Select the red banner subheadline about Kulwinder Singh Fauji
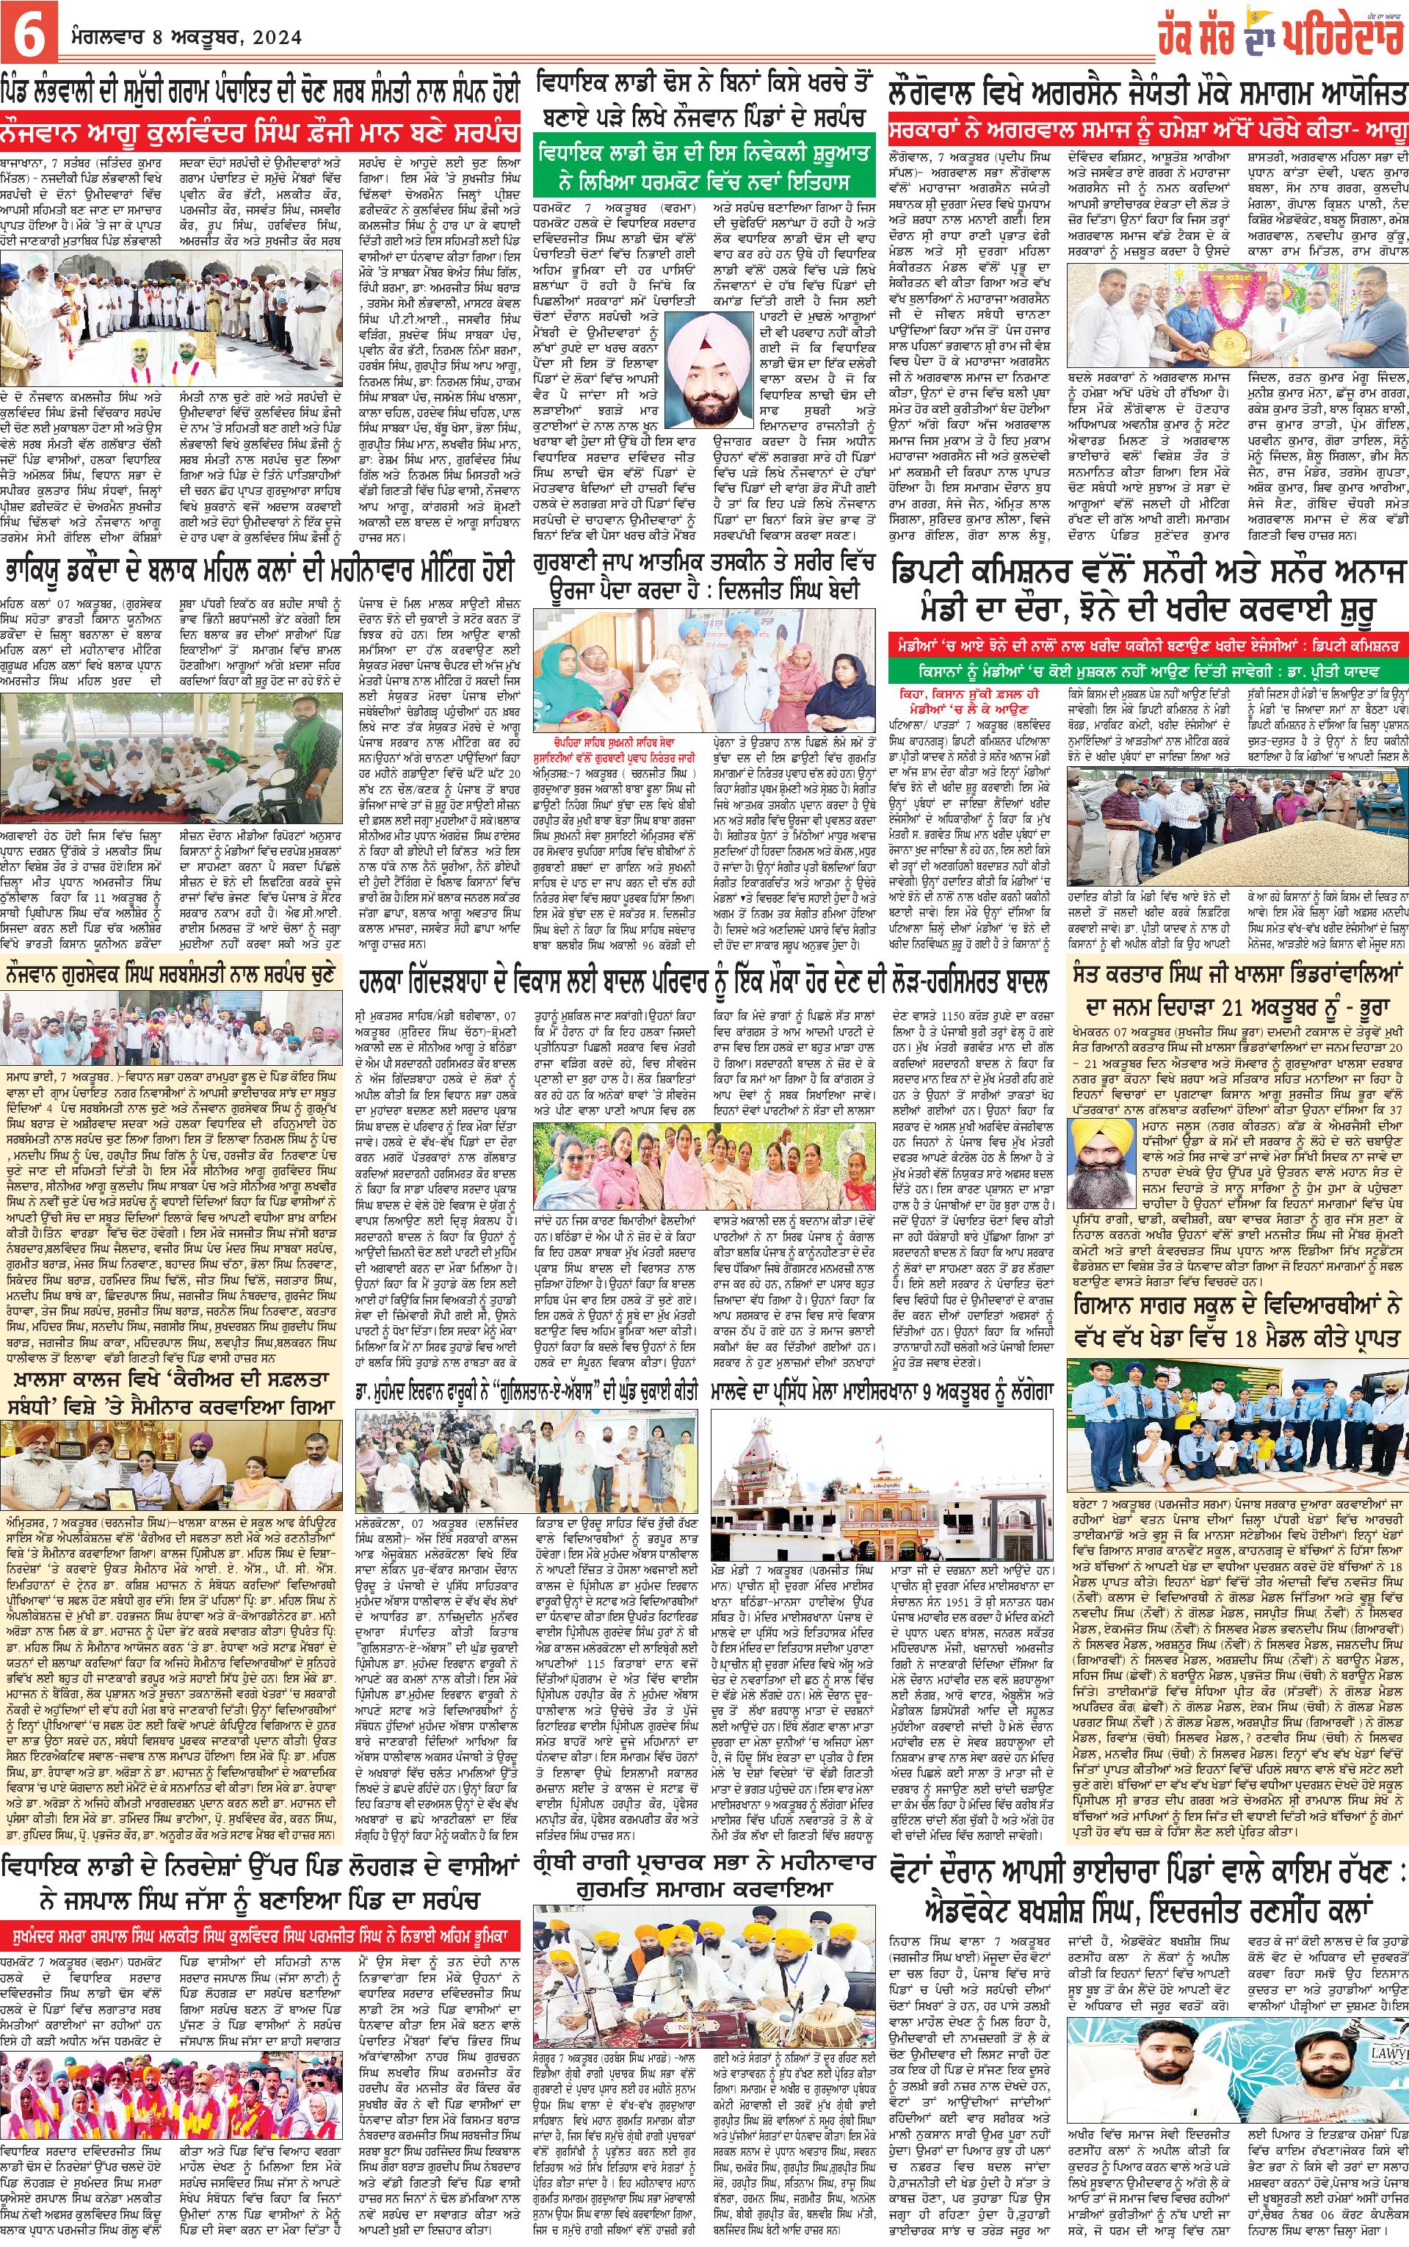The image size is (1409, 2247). pyautogui.click(x=261, y=128)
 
